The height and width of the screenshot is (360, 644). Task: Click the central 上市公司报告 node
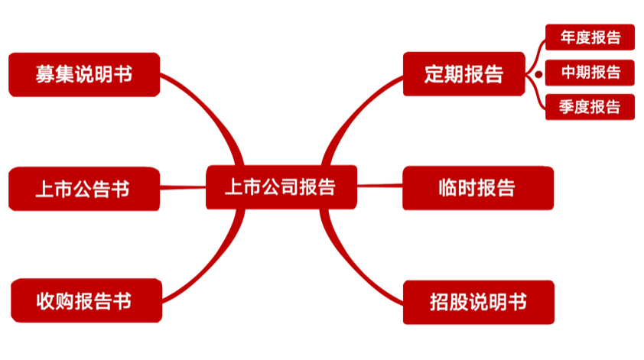pyautogui.click(x=281, y=187)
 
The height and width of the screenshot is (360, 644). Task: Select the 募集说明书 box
pyautogui.click(x=84, y=74)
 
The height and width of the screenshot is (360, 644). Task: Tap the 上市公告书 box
pyautogui.click(x=84, y=189)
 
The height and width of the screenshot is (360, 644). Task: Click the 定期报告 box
pyautogui.click(x=463, y=74)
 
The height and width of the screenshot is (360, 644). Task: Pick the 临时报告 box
pyautogui.click(x=478, y=187)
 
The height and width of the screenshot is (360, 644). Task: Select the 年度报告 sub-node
pyautogui.click(x=590, y=37)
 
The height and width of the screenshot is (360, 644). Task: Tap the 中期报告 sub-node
pyautogui.click(x=590, y=73)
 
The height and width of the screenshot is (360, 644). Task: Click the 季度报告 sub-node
pyautogui.click(x=590, y=106)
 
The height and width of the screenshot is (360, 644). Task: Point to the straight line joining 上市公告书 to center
pyautogui.click(x=183, y=187)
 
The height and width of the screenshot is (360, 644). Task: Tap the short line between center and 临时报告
pyautogui.click(x=379, y=186)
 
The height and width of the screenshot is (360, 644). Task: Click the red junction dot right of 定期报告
pyautogui.click(x=538, y=75)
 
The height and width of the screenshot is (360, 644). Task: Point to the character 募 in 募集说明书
pyautogui.click(x=44, y=75)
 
